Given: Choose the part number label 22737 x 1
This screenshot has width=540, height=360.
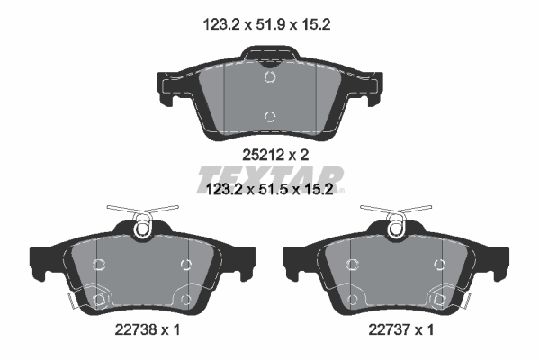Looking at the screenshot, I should [x=399, y=330].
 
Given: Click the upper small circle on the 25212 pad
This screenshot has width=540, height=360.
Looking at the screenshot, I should [x=270, y=79].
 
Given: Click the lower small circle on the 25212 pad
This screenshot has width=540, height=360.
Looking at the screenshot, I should [x=270, y=115].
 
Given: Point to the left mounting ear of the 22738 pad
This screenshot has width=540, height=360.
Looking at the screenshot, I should [x=44, y=261].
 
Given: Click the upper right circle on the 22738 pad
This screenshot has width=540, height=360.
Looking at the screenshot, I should [x=185, y=264].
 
